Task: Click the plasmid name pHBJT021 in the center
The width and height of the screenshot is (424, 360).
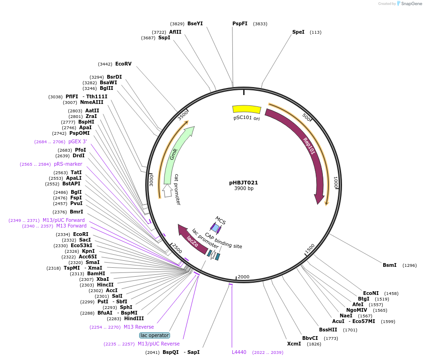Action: [244, 183]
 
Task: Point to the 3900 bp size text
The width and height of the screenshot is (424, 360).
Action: [244, 189]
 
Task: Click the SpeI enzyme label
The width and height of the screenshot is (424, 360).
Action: [298, 32]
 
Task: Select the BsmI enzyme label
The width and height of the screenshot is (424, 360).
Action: [389, 265]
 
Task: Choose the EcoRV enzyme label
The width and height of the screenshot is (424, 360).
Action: [123, 64]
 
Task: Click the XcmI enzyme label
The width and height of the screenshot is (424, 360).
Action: [294, 344]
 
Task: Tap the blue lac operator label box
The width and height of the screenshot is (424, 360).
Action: [155, 335]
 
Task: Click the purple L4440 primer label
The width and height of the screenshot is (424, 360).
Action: [239, 352]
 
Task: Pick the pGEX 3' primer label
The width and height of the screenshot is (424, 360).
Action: [78, 141]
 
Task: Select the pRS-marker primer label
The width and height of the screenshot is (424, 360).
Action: [68, 164]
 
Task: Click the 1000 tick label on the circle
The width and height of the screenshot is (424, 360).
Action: [335, 182]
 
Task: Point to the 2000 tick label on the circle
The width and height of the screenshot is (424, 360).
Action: [243, 277]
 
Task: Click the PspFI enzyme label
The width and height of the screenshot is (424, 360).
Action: [240, 23]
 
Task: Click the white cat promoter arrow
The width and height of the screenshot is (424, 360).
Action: [167, 190]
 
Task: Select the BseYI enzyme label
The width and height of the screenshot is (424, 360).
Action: [195, 23]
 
